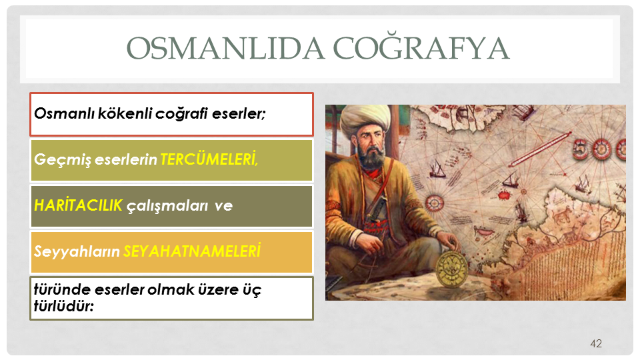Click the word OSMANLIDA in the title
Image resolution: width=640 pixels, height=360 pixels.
[x=226, y=48]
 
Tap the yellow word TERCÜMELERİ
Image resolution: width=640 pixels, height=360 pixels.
[x=209, y=159]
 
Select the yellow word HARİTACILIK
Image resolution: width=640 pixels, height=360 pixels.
[x=78, y=205]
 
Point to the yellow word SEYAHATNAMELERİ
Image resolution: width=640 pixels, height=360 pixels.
[x=192, y=251]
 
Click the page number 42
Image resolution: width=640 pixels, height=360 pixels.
[x=596, y=344]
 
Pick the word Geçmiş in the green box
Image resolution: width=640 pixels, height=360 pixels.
[x=63, y=159]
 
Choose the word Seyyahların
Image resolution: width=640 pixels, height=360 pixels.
[x=77, y=252]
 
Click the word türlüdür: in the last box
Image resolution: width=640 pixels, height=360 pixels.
[x=64, y=306]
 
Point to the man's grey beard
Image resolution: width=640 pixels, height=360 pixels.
[x=372, y=157]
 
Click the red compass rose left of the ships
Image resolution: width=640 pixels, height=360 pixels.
[x=434, y=203]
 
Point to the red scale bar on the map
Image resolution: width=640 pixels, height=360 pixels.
[x=539, y=149]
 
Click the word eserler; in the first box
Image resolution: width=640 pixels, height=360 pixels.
[x=239, y=113]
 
